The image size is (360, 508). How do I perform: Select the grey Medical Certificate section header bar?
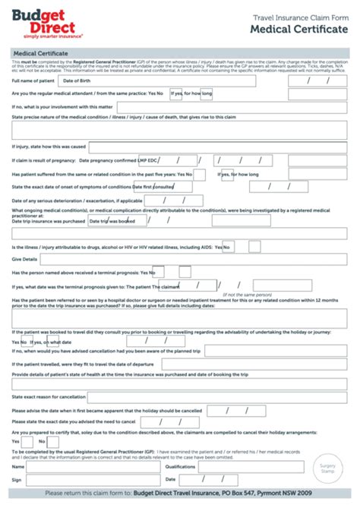pos(179,54)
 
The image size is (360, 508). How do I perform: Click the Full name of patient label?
pos(33,80)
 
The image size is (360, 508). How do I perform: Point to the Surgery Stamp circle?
pos(327,468)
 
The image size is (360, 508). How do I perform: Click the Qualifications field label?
pos(180,467)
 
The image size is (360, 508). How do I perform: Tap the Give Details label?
pos(24,259)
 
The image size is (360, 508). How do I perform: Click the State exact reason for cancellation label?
pos(49,397)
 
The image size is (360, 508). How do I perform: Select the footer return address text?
pos(179,494)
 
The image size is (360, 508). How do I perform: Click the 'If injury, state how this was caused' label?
pos(49,146)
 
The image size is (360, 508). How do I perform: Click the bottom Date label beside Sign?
pos(170,479)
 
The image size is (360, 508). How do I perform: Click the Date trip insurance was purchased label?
pos(48,221)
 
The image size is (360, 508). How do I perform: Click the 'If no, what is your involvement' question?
pos(62,107)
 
